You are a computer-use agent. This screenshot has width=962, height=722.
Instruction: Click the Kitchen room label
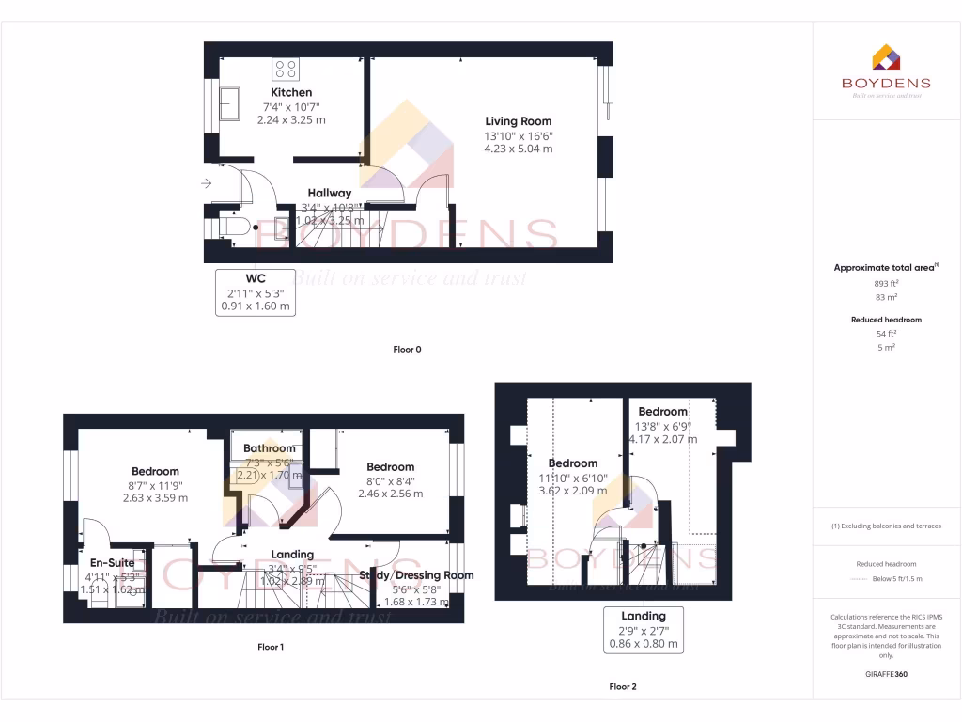(291, 92)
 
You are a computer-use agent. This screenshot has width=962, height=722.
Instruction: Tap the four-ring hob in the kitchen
(286, 69)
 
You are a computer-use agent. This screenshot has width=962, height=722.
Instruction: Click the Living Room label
(518, 121)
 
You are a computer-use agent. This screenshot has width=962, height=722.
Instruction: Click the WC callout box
(256, 291)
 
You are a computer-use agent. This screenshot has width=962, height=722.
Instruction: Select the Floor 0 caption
(407, 350)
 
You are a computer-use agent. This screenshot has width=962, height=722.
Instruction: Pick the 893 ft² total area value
(886, 283)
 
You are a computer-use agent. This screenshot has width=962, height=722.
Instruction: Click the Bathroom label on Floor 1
(269, 448)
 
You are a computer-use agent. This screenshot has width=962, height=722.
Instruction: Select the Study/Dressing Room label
(416, 575)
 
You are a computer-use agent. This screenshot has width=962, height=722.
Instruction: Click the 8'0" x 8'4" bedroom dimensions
(390, 480)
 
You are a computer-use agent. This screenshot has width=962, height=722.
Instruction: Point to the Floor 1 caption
(271, 647)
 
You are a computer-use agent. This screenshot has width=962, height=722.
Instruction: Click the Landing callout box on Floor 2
(644, 631)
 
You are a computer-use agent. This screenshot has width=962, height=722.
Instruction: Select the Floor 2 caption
(622, 687)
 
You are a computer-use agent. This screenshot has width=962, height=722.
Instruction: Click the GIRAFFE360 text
(886, 674)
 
